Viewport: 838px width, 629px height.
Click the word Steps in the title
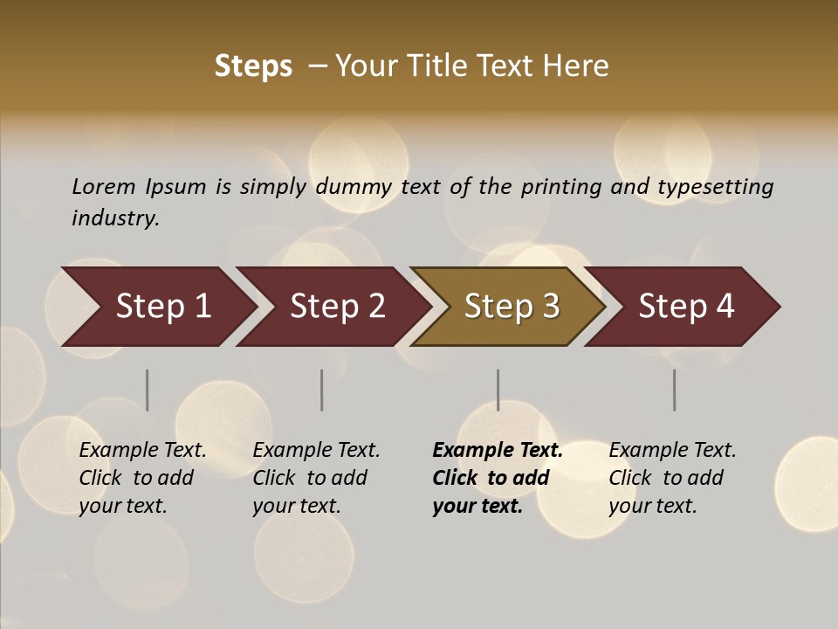coord(253,66)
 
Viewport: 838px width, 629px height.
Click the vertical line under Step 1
coord(148,390)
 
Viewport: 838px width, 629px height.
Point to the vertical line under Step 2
coord(322,390)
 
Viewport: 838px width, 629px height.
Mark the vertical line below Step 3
coord(498,390)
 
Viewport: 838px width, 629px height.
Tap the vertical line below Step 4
coord(675,390)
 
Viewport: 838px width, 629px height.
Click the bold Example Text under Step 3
coord(498,451)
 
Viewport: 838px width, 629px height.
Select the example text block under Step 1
coord(142,478)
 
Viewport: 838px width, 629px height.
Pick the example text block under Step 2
coord(316,478)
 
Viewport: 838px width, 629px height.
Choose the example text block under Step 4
coord(672,478)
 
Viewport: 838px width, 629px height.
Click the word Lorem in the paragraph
coord(104,186)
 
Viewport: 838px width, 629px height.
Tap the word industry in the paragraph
coord(115,218)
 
